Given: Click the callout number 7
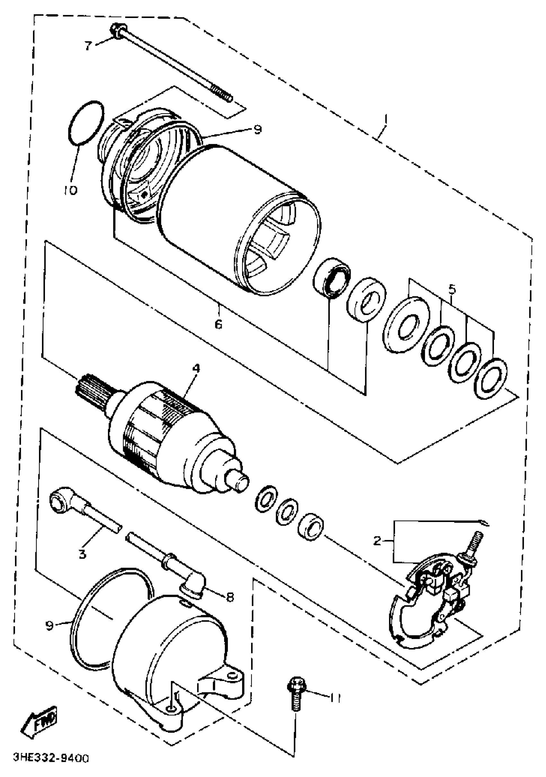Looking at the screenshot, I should [x=88, y=45].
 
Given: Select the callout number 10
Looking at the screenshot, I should [x=70, y=190].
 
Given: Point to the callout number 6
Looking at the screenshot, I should [x=218, y=324].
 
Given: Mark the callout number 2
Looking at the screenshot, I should [x=377, y=541].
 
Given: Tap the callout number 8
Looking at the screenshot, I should [x=230, y=598].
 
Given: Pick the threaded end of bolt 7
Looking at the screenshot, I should [x=222, y=93].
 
